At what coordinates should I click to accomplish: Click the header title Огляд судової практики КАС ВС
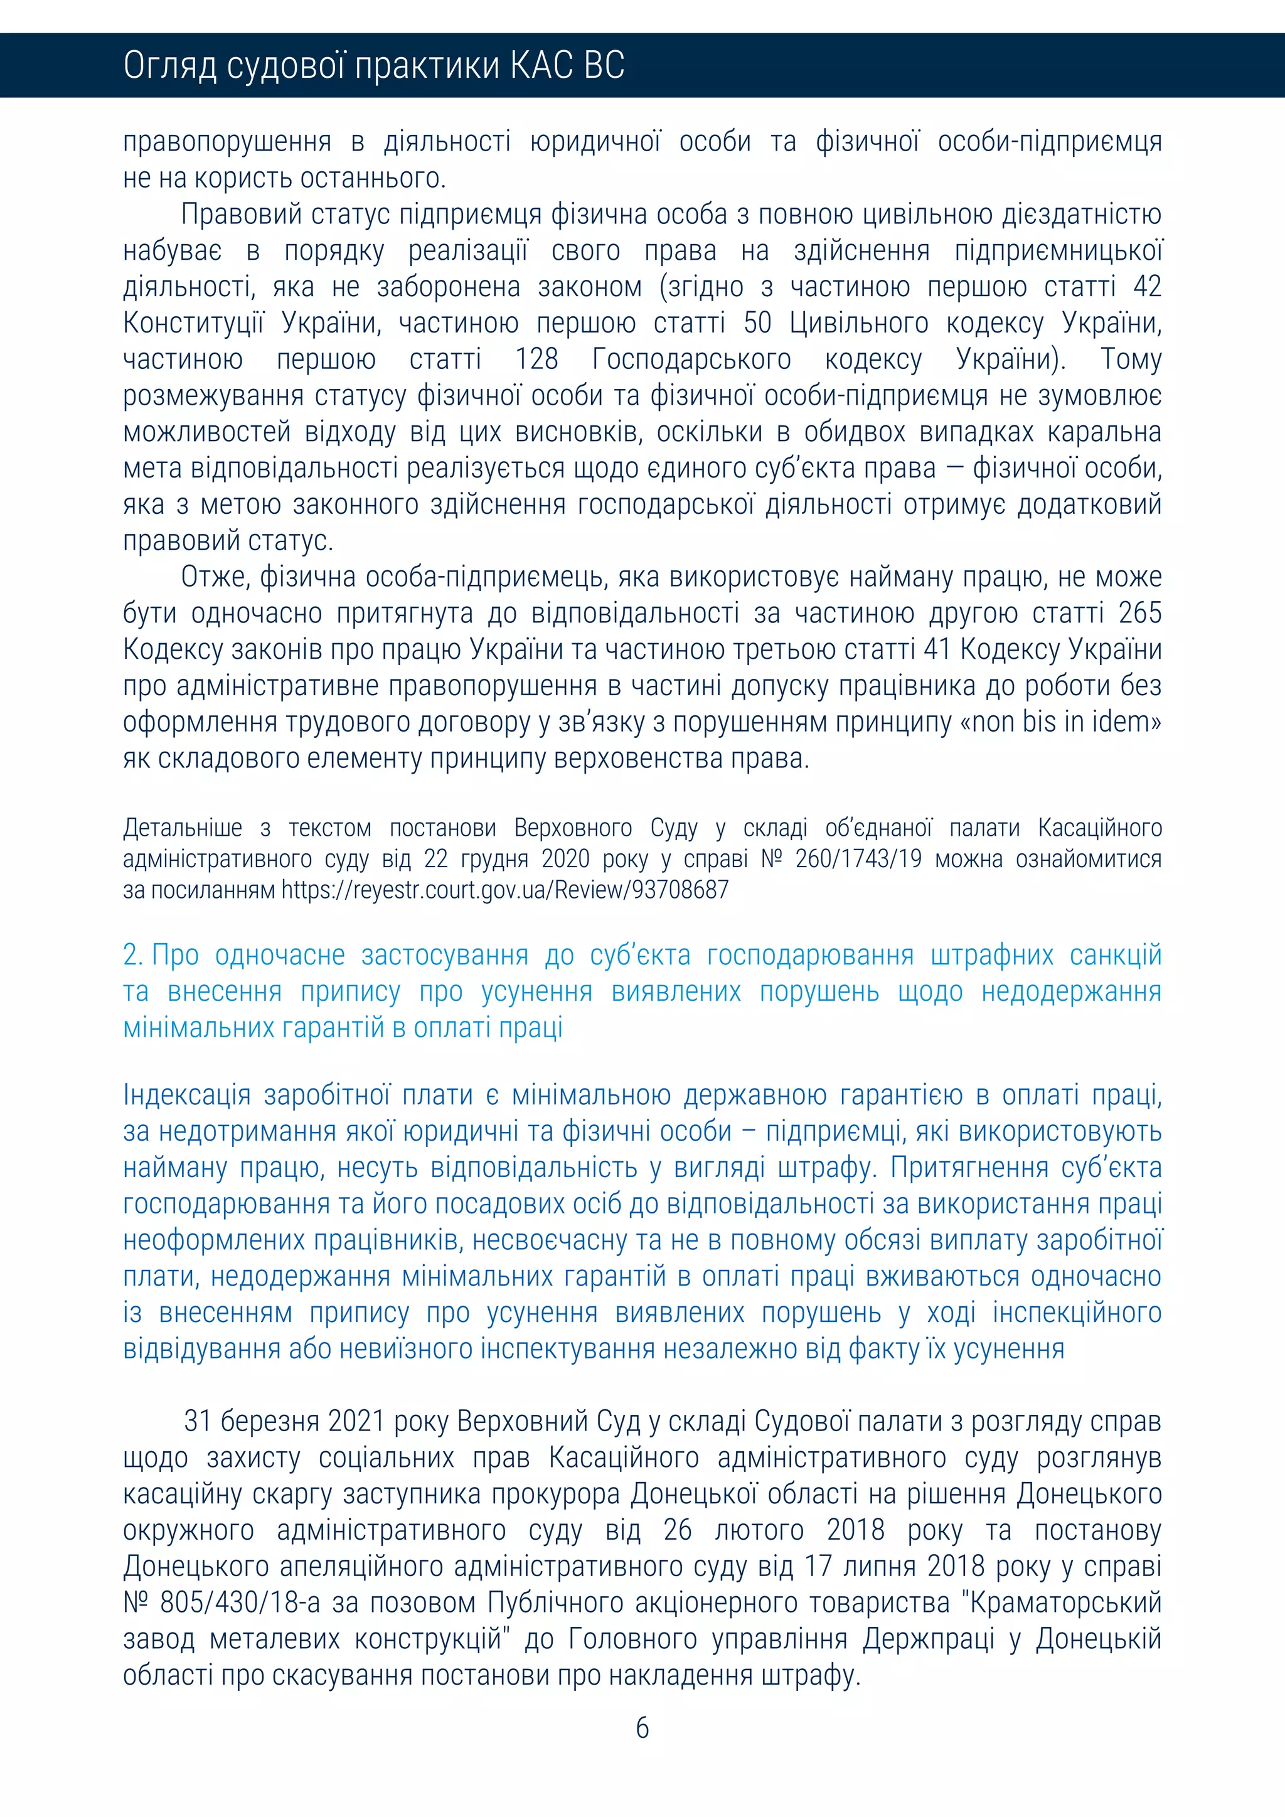pyautogui.click(x=373, y=66)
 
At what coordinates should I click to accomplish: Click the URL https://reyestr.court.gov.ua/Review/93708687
pyautogui.click(x=505, y=890)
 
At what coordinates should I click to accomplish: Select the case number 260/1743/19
pyautogui.click(x=858, y=859)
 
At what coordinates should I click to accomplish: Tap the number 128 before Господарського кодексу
pyautogui.click(x=536, y=360)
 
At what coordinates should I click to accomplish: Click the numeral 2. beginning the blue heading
pyautogui.click(x=133, y=955)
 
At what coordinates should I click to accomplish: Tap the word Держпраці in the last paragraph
pyautogui.click(x=928, y=1639)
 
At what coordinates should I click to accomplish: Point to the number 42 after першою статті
pyautogui.click(x=1146, y=287)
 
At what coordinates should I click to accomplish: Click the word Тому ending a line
pyautogui.click(x=1131, y=360)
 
